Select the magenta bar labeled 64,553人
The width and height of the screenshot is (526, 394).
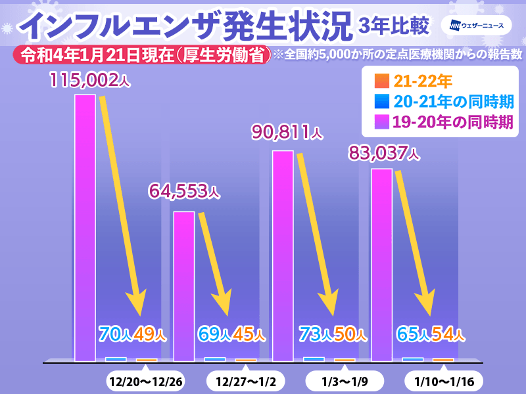(x=183, y=286)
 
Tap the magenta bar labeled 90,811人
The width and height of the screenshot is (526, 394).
(x=283, y=256)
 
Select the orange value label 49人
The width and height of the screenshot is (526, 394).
(x=150, y=334)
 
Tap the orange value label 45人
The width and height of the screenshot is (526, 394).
(x=249, y=334)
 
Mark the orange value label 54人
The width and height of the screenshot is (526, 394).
(x=448, y=334)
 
